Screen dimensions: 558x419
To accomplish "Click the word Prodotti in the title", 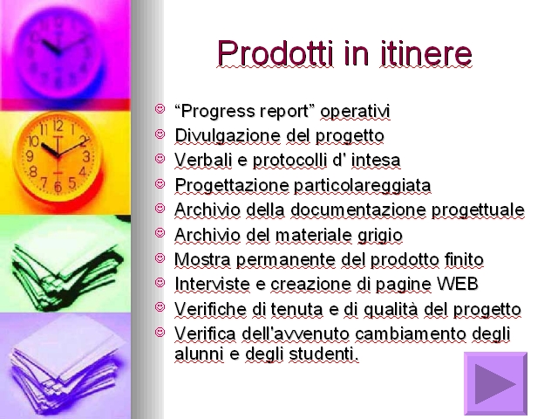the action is [x=276, y=53].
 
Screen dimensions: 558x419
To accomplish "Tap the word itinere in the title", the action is [x=425, y=53].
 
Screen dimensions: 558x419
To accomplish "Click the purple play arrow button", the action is [x=496, y=383].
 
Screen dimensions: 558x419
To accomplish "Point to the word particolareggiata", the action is [x=363, y=186].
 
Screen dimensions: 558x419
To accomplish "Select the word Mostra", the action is [x=202, y=259].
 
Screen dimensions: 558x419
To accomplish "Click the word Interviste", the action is [x=212, y=284].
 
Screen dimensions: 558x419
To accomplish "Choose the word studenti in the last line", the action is [x=323, y=354].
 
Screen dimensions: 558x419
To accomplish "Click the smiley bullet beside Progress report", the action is [x=160, y=108].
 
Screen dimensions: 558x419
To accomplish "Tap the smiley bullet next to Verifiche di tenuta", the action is [x=160, y=306].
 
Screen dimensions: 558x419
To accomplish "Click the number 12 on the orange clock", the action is [x=58, y=126].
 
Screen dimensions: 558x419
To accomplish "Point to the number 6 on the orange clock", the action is [x=58, y=187].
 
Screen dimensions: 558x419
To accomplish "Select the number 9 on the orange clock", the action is [x=30, y=156].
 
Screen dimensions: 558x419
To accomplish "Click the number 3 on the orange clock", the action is [x=86, y=156].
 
